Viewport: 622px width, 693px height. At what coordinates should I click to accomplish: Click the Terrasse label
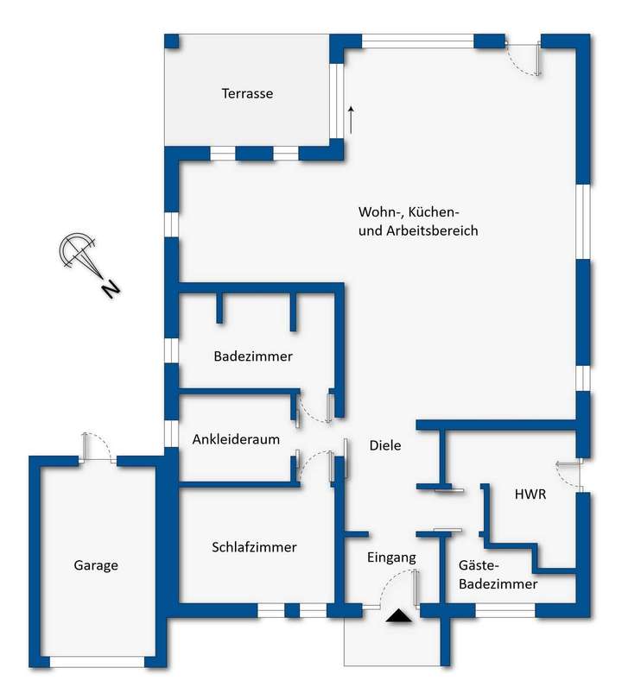pos(247,93)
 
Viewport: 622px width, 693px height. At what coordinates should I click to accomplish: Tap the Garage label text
pos(95,565)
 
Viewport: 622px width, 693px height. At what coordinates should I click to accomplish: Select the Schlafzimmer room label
pos(254,547)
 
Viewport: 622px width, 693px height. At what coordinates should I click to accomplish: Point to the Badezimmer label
pos(253,356)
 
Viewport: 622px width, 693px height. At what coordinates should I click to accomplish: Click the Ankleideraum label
pos(236,438)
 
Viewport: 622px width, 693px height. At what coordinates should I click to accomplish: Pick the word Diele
pos(385,445)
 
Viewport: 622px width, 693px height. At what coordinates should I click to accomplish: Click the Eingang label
pos(391,558)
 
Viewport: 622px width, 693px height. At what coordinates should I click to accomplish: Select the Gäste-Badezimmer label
pos(498,574)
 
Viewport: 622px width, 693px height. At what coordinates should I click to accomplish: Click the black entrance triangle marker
pos(398,615)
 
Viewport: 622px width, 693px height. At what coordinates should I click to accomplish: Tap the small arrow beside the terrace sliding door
pos(351,119)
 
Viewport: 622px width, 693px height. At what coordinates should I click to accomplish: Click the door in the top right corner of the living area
pos(526,59)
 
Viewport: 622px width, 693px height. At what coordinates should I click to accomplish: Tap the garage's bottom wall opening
pos(96,661)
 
